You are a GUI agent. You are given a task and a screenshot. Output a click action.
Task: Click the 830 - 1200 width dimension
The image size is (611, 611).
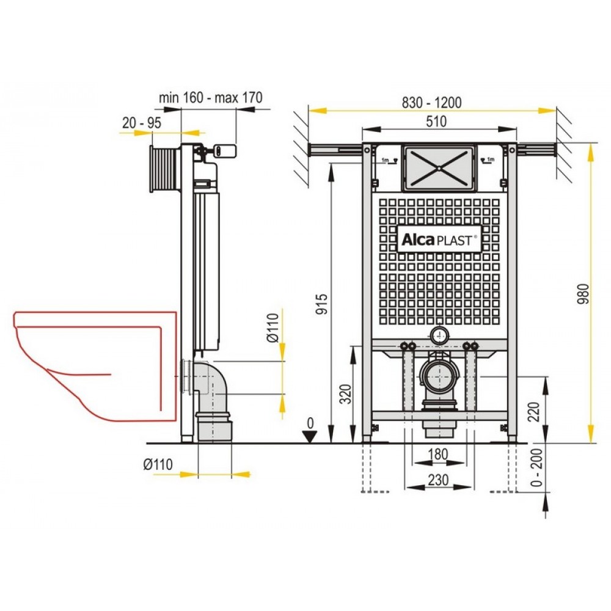(432, 103)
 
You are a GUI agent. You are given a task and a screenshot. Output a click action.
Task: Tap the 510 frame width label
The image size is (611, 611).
(436, 122)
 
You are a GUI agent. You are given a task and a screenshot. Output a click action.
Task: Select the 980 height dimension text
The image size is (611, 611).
(584, 295)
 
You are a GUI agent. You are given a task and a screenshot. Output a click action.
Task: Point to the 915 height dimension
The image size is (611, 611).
(322, 304)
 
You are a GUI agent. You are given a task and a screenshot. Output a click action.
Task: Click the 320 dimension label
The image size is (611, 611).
(345, 394)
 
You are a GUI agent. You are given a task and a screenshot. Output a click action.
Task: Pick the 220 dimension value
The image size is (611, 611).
(533, 411)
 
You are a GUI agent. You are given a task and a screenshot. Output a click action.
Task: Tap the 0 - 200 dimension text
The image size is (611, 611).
(537, 467)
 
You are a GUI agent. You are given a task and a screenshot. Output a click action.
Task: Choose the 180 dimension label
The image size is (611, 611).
(438, 454)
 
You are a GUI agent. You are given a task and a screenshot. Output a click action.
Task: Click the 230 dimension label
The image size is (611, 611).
(438, 480)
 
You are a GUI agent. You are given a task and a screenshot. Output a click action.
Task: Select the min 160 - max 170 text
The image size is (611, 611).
(210, 97)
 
